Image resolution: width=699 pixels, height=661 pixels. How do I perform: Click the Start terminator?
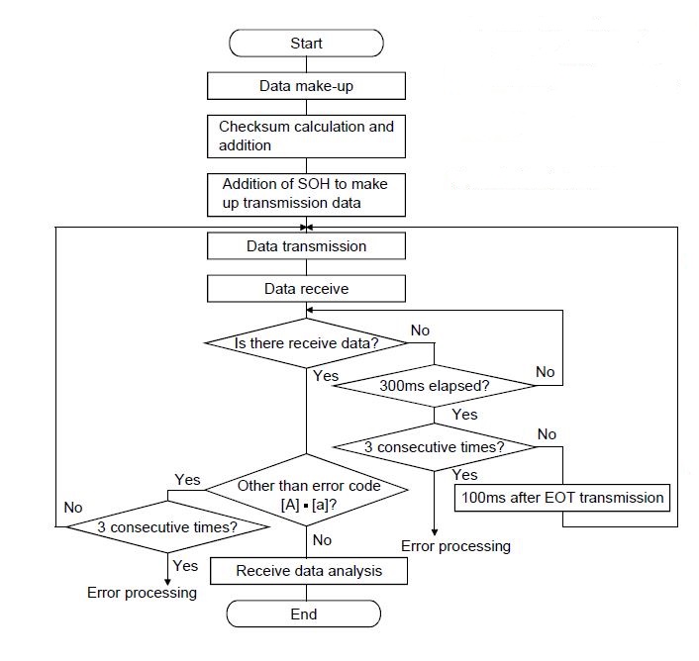(x=306, y=44)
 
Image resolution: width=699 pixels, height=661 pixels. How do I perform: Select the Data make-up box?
(x=306, y=86)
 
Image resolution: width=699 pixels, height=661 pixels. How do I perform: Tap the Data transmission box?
(x=306, y=245)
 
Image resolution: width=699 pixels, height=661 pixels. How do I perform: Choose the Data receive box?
(x=306, y=289)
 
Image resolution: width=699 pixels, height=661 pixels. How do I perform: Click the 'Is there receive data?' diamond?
(x=306, y=343)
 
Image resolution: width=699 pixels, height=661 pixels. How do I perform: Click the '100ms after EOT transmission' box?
(x=561, y=498)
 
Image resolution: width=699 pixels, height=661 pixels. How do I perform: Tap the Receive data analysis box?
(x=308, y=571)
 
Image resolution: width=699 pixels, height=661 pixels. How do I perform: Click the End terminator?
(x=305, y=614)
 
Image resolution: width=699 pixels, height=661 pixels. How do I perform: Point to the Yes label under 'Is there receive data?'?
(x=326, y=376)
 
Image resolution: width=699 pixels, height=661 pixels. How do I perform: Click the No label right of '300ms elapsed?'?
(x=546, y=372)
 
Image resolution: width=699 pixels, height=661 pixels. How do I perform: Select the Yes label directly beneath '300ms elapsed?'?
(x=463, y=416)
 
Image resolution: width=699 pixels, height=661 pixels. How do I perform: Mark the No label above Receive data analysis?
(x=323, y=541)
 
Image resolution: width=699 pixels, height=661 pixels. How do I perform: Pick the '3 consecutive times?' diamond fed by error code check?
(x=166, y=526)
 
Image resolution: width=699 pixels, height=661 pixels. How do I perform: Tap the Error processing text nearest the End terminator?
(x=141, y=593)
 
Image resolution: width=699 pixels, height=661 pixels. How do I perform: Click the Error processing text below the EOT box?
(x=455, y=546)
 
